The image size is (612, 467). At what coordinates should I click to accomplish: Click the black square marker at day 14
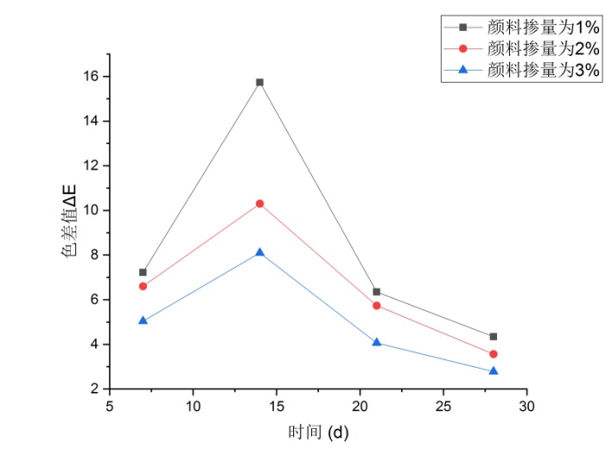pos(259,82)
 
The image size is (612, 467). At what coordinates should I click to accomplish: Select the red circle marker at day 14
pos(259,204)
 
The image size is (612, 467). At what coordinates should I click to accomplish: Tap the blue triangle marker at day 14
pos(259,253)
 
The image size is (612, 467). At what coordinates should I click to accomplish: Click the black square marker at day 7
pos(143,272)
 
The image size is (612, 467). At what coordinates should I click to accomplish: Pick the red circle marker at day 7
pos(143,287)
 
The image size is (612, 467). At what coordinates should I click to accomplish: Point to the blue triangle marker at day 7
pos(143,320)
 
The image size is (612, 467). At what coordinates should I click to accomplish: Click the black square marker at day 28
pos(494,337)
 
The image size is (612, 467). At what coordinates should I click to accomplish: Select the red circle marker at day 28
pos(494,354)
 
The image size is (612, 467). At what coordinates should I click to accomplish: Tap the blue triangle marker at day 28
pos(494,371)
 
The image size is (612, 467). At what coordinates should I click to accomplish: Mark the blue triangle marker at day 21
pos(377,343)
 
